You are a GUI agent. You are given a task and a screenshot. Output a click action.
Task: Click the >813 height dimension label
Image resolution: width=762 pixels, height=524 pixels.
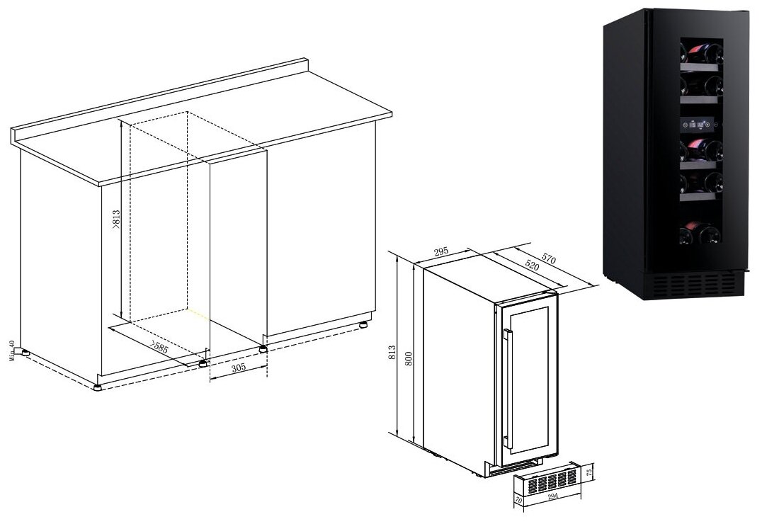tap(117, 220)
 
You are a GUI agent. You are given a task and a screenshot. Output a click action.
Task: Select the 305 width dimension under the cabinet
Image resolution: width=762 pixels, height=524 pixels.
tap(237, 369)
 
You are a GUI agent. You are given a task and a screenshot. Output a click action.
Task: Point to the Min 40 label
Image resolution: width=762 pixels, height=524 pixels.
tap(12, 349)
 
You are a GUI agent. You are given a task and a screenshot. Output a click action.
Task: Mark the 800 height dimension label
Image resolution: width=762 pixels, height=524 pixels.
tap(406, 359)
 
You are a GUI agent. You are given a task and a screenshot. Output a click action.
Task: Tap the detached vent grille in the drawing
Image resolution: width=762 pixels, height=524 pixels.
tap(549, 484)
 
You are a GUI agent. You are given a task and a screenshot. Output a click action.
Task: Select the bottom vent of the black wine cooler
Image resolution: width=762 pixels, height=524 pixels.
tap(698, 285)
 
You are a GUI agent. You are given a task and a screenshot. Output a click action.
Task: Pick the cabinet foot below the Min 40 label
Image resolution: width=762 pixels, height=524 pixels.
tap(25, 352)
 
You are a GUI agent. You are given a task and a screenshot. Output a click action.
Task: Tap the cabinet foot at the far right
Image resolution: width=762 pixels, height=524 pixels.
tap(364, 325)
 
